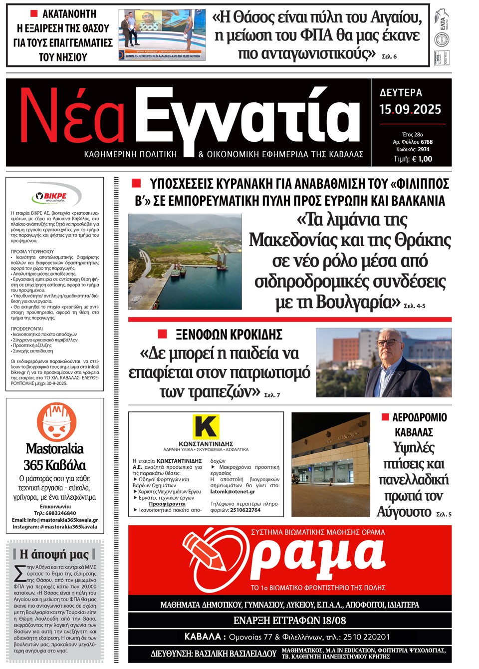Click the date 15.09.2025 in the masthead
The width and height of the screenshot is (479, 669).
[x=410, y=109]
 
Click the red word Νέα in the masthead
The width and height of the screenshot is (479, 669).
[x=72, y=117]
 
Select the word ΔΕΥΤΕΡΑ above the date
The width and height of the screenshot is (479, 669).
[x=401, y=92]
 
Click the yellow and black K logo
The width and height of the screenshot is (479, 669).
[x=206, y=427]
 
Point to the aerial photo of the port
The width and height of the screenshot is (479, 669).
[x=185, y=262]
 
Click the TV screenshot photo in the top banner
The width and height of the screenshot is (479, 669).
[x=162, y=34]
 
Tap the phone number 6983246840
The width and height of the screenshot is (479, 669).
[x=62, y=513]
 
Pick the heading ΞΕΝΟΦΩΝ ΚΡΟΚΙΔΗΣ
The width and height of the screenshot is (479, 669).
[x=229, y=334]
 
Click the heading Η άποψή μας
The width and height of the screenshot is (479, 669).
[x=54, y=554]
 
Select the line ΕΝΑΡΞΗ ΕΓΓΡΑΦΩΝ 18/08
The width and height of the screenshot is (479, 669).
[x=289, y=621]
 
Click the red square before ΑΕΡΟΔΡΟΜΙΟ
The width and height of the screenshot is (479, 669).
[x=385, y=417]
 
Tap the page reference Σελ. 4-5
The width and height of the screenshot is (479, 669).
[x=414, y=306]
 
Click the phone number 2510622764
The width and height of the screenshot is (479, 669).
[x=245, y=510]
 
